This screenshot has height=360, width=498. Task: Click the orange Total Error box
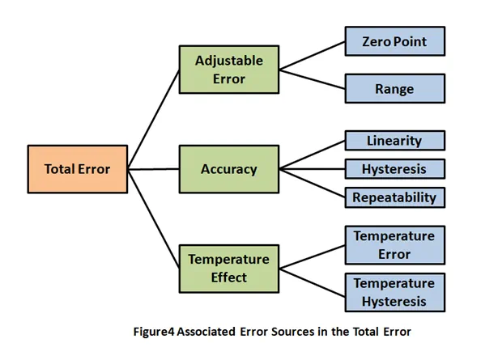coord(77,170)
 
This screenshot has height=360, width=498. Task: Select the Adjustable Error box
coord(229,69)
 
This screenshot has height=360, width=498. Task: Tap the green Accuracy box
coord(229,170)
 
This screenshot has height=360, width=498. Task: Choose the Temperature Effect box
coord(229,269)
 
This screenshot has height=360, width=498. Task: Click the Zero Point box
coord(395,40)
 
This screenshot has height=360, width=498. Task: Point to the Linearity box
coord(395,141)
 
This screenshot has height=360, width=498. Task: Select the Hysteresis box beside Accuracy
coord(395,168)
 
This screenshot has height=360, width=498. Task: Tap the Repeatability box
coord(395,197)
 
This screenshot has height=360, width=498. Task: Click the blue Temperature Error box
coord(395,245)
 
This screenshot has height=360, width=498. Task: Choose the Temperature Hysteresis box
coord(395,292)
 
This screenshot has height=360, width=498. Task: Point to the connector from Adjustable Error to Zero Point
coord(312,54)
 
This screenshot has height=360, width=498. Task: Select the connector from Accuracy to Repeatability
coord(312,183)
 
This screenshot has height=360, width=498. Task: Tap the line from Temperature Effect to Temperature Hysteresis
coord(312,281)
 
